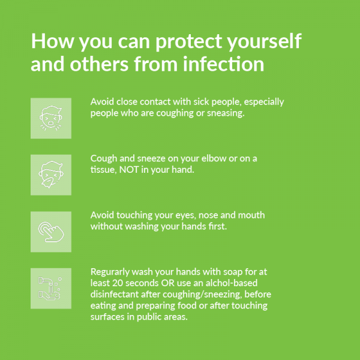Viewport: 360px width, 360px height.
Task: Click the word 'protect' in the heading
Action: pyautogui.click(x=189, y=42)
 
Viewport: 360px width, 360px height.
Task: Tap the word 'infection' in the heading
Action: pyautogui.click(x=223, y=64)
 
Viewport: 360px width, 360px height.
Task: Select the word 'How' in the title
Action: pyautogui.click(x=53, y=41)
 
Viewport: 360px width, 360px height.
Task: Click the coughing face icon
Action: pyautogui.click(x=51, y=118)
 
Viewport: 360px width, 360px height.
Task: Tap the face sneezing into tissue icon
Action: pyautogui.click(x=51, y=175)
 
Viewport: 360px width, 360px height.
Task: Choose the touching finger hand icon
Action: pyautogui.click(x=51, y=232)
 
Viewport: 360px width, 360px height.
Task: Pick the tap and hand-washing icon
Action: pyautogui.click(x=50, y=289)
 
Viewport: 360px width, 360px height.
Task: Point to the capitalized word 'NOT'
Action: pyautogui.click(x=129, y=170)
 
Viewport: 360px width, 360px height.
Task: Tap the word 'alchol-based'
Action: pyautogui.click(x=232, y=283)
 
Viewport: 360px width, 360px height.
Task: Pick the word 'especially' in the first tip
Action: pyautogui.click(x=264, y=102)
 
